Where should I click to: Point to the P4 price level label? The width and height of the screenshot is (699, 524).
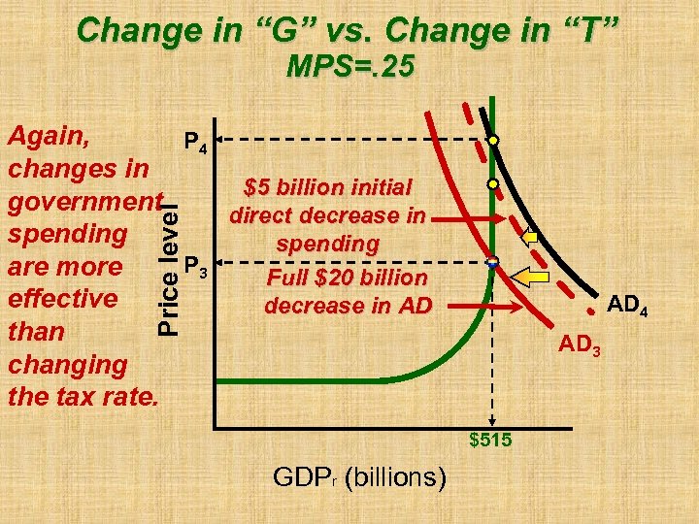pos(194,145)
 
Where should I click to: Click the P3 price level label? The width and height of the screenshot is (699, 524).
pos(194,265)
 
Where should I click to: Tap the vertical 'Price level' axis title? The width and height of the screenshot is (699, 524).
pos(170,263)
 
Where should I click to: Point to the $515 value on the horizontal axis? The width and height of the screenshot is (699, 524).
pos(491,442)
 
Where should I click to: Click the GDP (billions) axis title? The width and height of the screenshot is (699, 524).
pos(359,477)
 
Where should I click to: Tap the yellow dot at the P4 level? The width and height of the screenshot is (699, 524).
pos(493,141)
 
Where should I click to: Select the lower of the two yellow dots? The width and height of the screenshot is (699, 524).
pos(493,182)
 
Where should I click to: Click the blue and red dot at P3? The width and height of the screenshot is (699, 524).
pos(492,261)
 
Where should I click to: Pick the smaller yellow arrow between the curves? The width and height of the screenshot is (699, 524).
pos(530,236)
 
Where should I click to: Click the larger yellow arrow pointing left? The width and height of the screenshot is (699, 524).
pos(532,278)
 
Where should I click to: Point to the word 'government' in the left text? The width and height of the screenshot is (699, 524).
pos(83,201)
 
